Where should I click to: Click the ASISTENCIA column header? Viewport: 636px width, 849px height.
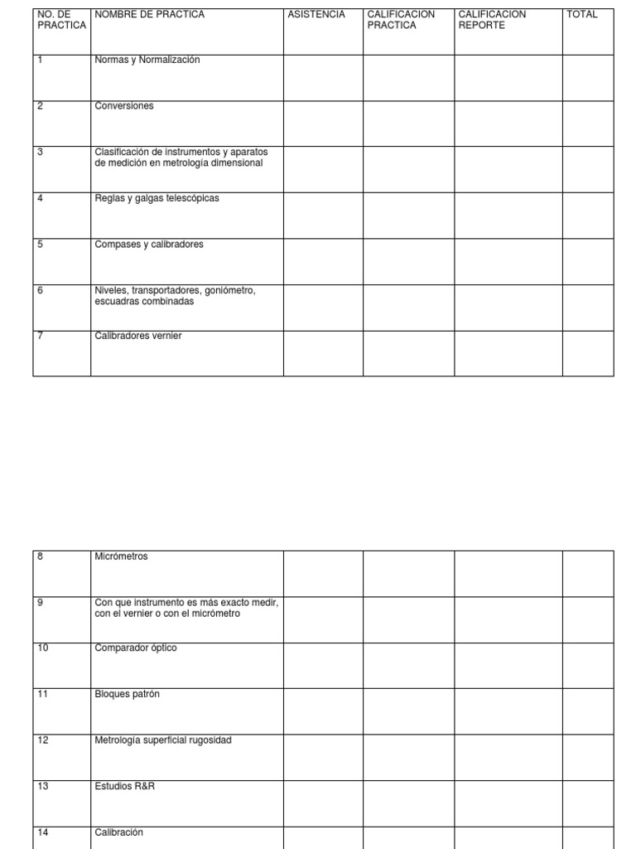click(x=316, y=15)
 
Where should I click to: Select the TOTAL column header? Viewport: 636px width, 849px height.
click(x=581, y=15)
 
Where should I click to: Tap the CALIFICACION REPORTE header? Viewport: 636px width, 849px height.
click(x=492, y=20)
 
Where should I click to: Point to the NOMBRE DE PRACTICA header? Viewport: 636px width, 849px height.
click(x=150, y=15)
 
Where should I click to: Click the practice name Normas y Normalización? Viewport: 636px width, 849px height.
click(x=147, y=61)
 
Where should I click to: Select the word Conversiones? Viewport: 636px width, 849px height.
click(x=124, y=106)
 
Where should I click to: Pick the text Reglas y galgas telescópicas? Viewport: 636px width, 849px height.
click(x=157, y=198)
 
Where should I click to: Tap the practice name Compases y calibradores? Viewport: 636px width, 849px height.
click(x=149, y=245)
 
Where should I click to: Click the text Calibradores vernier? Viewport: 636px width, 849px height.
click(x=138, y=336)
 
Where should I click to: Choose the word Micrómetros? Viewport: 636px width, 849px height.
click(x=122, y=557)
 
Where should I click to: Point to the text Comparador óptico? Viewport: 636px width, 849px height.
click(x=136, y=648)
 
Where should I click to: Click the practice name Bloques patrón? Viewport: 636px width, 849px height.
click(x=128, y=694)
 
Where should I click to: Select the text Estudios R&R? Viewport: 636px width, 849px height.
click(x=125, y=786)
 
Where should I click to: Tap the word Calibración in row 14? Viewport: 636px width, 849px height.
click(x=119, y=832)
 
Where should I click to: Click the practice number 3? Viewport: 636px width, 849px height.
click(x=41, y=153)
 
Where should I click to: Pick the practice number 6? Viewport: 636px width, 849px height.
click(x=41, y=290)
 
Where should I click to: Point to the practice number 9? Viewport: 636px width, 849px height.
click(x=41, y=603)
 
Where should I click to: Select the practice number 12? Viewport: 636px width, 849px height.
click(x=43, y=740)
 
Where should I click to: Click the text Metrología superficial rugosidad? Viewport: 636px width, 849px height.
click(x=163, y=740)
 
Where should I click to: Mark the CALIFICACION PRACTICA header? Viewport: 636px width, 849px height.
click(x=401, y=20)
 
